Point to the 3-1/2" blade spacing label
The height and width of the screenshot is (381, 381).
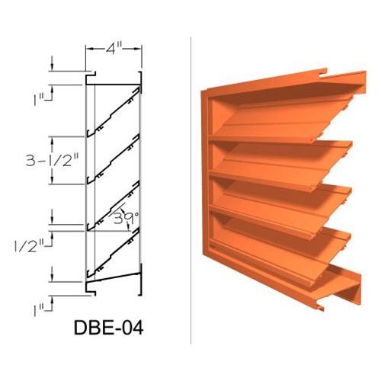[x=37, y=160]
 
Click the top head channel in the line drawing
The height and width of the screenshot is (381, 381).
[x=114, y=77]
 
